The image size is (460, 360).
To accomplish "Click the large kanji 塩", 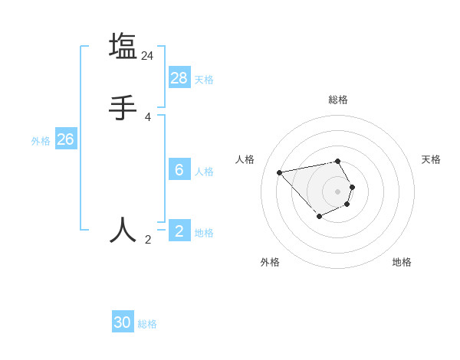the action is click(123, 46).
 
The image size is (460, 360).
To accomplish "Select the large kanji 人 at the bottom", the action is click(123, 230).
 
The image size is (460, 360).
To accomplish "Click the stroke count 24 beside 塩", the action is click(148, 56).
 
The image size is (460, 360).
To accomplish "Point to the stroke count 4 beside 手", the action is click(148, 117).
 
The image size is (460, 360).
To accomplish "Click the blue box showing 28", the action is click(179, 78).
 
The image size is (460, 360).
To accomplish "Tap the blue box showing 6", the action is click(179, 169).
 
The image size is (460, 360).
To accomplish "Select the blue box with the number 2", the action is click(179, 231).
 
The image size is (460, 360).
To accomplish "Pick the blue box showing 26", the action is click(66, 139).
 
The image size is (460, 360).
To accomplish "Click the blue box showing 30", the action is click(123, 322).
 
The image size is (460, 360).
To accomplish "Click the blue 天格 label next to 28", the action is click(204, 79).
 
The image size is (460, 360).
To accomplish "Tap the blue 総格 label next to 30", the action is click(147, 324).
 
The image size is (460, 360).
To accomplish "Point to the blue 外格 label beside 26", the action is click(41, 140).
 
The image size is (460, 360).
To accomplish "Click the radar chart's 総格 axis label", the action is click(338, 100).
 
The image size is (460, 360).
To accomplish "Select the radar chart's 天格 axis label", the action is click(431, 159).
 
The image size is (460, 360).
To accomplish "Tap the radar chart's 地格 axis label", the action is click(402, 262).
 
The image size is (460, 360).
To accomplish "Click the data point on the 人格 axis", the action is click(279, 172).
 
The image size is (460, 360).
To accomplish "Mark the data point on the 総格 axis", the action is click(338, 161).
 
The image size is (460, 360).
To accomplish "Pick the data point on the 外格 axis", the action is click(319, 217).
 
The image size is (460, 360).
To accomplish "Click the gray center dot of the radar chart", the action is click(338, 191).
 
